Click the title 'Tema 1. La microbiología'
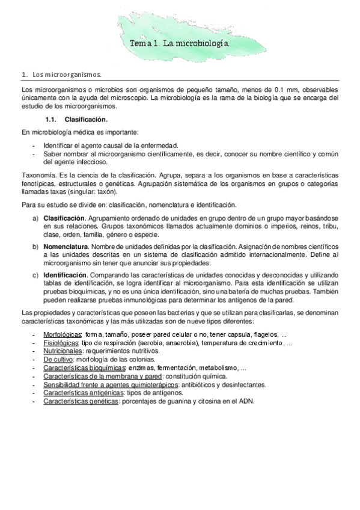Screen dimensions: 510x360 pyautogui.click(x=179, y=45)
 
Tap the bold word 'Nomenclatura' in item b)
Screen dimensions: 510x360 pyautogui.click(x=66, y=247)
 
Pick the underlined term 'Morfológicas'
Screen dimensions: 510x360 pyautogui.click(x=63, y=334)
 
